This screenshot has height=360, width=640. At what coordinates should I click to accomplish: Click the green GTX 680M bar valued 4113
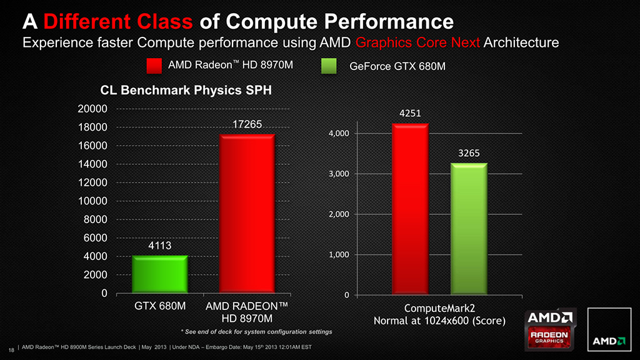[161, 274]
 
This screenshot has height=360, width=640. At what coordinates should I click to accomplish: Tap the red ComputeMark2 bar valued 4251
[410, 209]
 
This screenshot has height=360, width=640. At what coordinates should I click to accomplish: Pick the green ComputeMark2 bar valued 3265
[469, 229]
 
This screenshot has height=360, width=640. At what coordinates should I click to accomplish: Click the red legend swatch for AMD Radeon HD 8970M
[154, 66]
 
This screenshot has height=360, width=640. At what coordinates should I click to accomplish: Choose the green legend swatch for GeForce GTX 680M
[328, 66]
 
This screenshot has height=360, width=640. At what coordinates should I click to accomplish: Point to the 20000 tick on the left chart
[92, 109]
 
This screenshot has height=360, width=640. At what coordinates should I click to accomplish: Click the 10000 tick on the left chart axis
[92, 201]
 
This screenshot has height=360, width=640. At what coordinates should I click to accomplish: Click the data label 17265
[247, 125]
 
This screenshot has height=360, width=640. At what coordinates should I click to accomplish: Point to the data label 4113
[161, 246]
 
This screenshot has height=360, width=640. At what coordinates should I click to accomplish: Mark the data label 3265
[469, 153]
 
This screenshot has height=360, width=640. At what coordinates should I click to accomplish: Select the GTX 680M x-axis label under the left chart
[161, 307]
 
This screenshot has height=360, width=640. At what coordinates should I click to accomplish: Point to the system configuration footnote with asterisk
[256, 331]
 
